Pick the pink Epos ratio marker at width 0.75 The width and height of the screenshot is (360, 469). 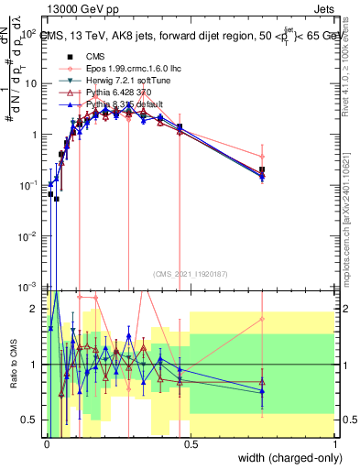(262, 319)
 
